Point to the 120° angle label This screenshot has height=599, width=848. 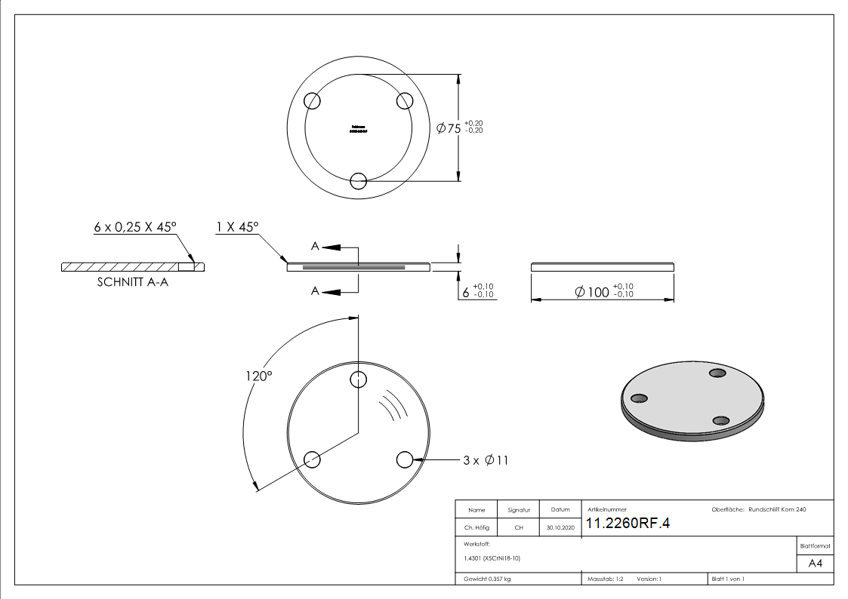258,375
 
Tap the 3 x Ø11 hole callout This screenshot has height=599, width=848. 486,459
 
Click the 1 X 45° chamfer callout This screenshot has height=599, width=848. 237,226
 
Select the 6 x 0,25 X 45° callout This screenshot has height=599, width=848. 134,226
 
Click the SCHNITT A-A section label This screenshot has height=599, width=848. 132,284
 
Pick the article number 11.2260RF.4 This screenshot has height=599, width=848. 628,524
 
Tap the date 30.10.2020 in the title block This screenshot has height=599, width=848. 560,528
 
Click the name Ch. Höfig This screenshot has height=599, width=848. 476,528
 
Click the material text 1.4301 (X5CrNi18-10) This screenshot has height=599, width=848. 493,558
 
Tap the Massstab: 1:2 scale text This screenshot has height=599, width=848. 605,579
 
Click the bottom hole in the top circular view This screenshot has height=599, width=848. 359,180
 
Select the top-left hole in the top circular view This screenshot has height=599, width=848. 313,100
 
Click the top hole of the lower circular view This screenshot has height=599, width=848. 359,379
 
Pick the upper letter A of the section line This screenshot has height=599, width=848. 316,246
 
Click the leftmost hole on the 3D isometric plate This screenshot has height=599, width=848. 639,398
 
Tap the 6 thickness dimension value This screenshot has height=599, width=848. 466,291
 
